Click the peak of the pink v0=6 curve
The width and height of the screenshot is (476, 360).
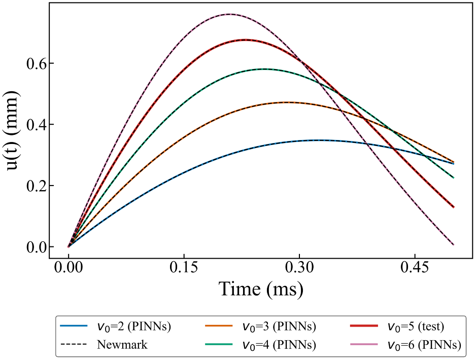click(x=229, y=14)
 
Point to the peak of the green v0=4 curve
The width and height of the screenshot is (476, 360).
click(x=265, y=69)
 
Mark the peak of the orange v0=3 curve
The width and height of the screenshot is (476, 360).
click(x=287, y=102)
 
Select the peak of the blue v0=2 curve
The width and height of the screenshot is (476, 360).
click(x=319, y=140)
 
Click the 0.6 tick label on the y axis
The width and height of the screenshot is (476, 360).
click(x=36, y=63)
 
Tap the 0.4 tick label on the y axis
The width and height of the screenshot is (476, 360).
click(x=36, y=125)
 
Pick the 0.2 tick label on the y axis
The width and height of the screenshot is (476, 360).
click(x=36, y=186)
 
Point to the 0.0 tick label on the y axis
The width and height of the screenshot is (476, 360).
click(x=36, y=247)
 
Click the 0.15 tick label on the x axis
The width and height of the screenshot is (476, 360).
click(x=184, y=268)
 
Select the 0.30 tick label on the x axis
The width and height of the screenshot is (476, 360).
click(x=299, y=268)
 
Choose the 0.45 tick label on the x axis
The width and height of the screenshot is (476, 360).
click(x=415, y=268)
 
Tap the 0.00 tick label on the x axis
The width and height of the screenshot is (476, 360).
click(x=69, y=268)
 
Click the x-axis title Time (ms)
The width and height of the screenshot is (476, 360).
click(x=261, y=289)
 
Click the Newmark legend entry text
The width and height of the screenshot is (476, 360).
click(x=122, y=344)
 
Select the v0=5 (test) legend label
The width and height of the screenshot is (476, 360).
click(x=416, y=327)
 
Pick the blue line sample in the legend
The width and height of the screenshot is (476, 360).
click(x=74, y=326)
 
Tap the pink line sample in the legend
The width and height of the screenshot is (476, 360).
click(x=364, y=344)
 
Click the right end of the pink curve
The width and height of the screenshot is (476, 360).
click(x=454, y=244)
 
